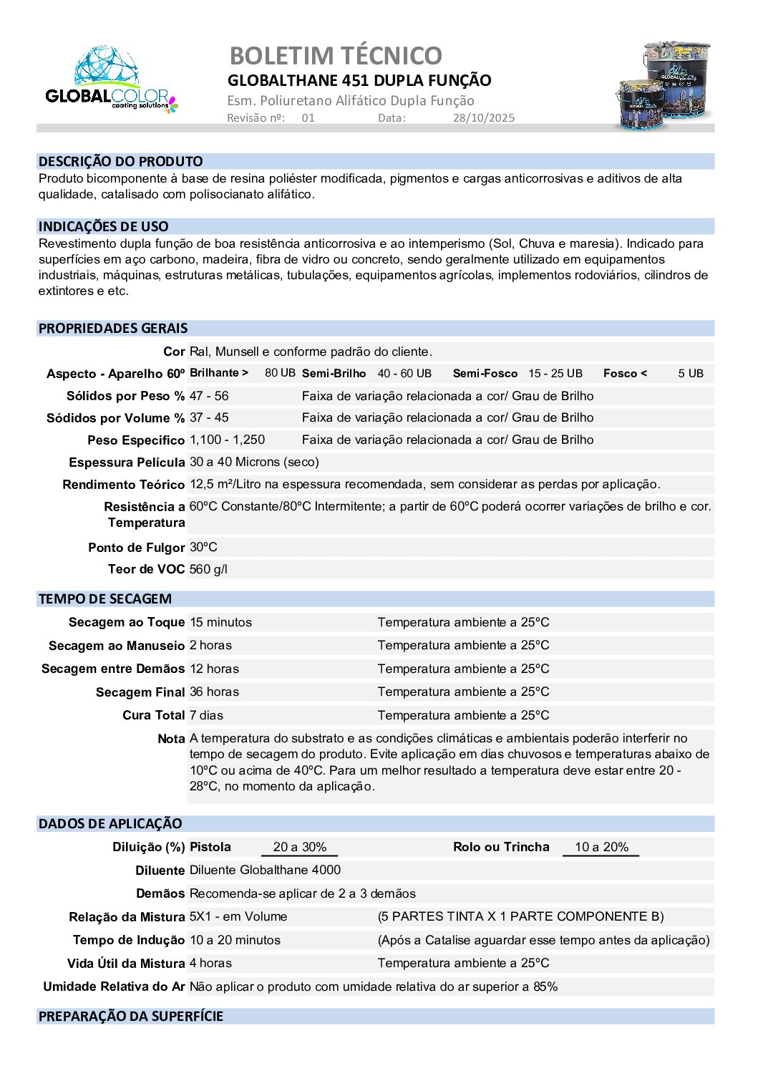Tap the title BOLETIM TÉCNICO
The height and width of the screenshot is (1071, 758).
coord(336,55)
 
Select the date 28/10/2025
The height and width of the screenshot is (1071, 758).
coord(483,118)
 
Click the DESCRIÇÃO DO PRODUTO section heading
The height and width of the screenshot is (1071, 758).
coord(121,162)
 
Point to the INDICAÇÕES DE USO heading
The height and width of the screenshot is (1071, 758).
coord(104,227)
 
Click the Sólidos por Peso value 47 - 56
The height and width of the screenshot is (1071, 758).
coord(209,396)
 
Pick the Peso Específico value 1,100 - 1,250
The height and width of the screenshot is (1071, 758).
coord(227,440)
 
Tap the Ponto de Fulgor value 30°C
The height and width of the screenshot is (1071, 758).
coord(203,547)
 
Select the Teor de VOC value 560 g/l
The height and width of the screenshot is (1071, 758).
coord(208,569)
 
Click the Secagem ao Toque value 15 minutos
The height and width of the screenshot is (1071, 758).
coord(220,622)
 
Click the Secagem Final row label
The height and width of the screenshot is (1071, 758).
coord(140,692)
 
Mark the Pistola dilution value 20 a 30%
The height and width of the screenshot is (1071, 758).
coord(300,847)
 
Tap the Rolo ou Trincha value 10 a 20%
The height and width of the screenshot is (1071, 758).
coord(601,847)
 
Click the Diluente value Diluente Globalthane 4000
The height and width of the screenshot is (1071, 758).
coord(265,870)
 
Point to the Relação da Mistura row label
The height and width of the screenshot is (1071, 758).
coord(127,917)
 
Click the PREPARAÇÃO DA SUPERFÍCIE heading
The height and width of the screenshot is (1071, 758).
coord(131,1017)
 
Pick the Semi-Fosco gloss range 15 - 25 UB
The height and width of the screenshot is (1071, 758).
coord(555,374)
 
